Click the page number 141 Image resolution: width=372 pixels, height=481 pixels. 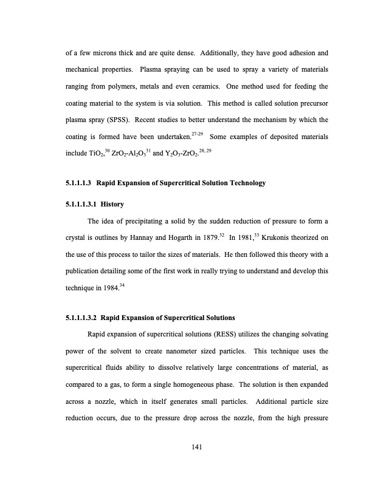196,448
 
